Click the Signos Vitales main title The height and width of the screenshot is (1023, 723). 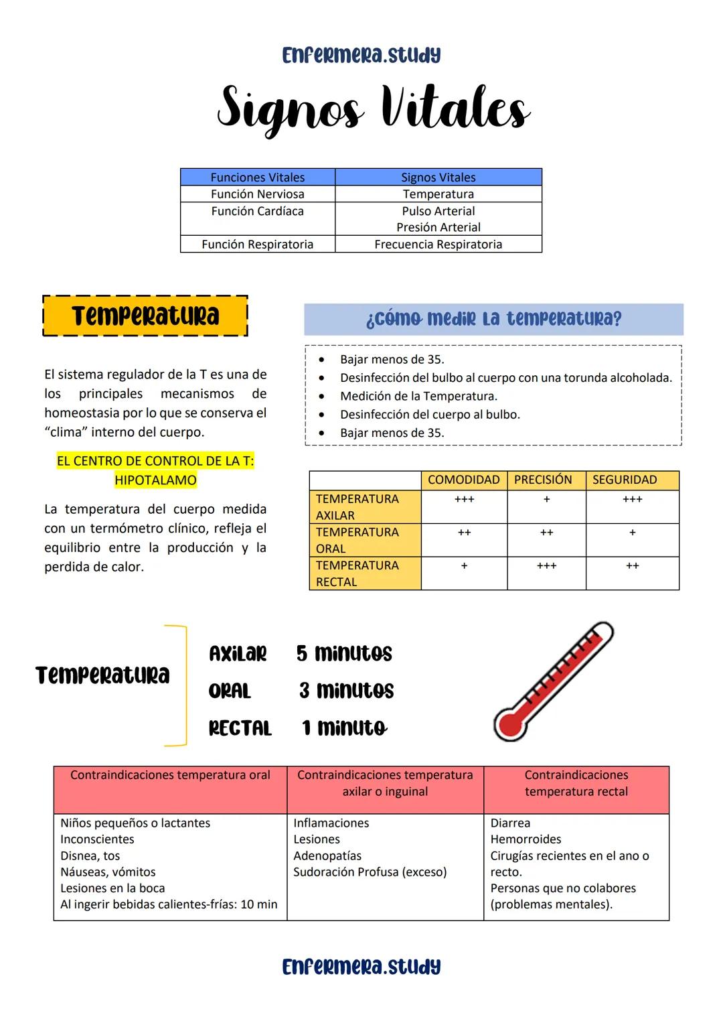374,109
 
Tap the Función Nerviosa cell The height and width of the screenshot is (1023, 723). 257,194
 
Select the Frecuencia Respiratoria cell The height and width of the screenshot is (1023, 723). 438,245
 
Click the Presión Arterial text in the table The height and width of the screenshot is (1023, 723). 438,228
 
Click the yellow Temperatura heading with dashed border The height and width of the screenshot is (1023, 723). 145,316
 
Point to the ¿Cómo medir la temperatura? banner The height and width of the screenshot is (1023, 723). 493,319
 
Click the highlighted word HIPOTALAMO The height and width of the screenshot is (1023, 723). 155,480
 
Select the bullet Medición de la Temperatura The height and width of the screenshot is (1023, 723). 418,396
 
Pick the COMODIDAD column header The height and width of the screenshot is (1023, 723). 463,480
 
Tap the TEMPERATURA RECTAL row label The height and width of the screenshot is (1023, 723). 357,573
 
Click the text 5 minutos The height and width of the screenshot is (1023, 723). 344,654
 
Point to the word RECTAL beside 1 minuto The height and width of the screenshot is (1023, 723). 240,728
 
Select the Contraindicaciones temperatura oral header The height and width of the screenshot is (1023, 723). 170,775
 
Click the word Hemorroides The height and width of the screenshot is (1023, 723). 526,839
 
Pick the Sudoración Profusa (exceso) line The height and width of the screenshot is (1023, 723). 370,872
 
